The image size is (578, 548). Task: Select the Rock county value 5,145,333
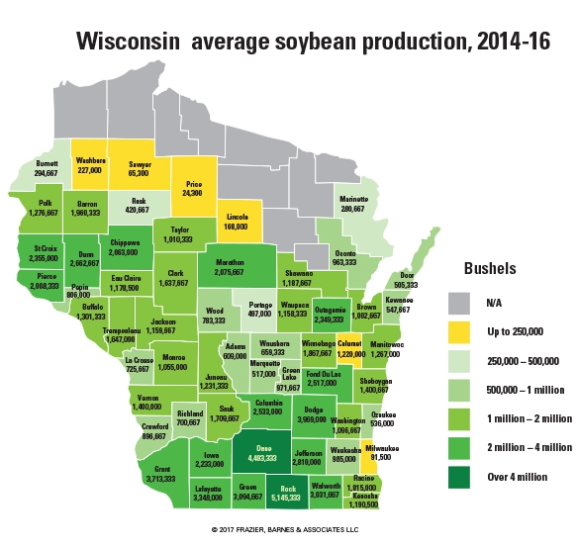pyautogui.click(x=289, y=497)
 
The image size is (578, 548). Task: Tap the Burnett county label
pyautogui.click(x=35, y=162)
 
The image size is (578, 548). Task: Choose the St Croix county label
pyautogui.click(x=45, y=248)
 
